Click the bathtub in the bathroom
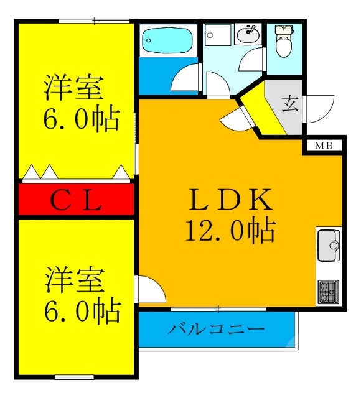coord(167,40)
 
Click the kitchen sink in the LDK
coord(328,246)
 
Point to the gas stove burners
coord(328,290)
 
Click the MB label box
coord(323,146)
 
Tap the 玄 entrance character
coord(291,104)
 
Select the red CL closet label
coord(75,200)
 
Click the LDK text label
coord(231,200)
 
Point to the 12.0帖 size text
coord(231,231)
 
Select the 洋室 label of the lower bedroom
coord(73,279)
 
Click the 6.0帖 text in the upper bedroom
coord(81,119)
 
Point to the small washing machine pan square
coord(217,42)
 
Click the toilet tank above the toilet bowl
coord(284,29)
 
